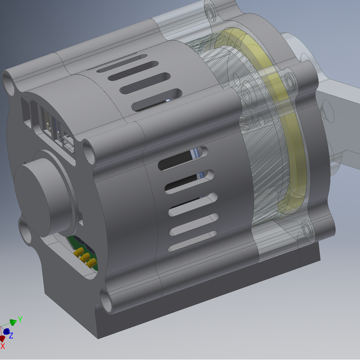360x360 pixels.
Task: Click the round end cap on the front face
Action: (39, 191)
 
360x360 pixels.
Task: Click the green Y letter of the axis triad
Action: (20, 319)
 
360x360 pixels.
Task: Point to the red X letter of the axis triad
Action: (3, 346)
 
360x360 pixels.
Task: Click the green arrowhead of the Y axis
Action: (13, 323)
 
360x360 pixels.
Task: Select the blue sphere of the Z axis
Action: (6, 331)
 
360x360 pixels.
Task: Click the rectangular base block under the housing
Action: (198, 306)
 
